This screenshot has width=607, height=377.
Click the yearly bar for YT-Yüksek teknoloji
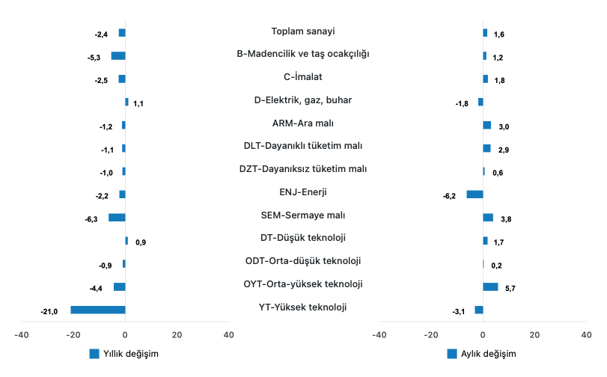[x=98, y=310]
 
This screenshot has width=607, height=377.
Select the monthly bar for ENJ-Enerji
[x=475, y=194]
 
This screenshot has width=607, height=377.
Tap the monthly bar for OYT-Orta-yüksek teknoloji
[x=490, y=286]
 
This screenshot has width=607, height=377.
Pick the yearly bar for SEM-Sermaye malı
[x=117, y=218]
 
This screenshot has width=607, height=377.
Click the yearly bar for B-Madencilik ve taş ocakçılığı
[x=118, y=56]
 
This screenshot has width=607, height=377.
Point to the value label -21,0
[x=49, y=312]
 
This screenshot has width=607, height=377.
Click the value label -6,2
[x=449, y=197]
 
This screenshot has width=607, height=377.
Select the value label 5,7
[x=510, y=289]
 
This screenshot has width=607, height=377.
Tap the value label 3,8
[x=506, y=220]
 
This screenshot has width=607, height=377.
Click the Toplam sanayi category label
[x=303, y=31]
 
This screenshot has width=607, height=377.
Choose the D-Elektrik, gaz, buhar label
[x=303, y=99]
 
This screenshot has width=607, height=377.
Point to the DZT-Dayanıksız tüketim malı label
[x=303, y=169]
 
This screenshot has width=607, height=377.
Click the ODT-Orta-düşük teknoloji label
[x=303, y=261]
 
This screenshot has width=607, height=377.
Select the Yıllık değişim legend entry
[x=123, y=354]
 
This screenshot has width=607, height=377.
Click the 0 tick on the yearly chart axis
[x=125, y=335]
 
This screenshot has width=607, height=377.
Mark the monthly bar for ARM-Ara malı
[x=487, y=125]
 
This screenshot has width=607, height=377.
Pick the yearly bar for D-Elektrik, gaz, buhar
[x=127, y=102]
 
